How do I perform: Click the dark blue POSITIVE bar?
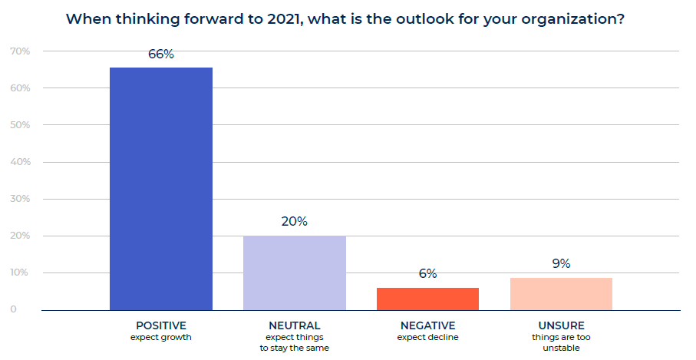coord(161,189)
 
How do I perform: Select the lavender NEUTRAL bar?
coord(295,273)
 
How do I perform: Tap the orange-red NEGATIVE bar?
coord(428,299)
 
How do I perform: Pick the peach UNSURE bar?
coord(561,294)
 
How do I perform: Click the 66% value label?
coord(161,54)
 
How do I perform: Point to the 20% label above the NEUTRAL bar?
coord(295,222)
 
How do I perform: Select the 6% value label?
coord(428,273)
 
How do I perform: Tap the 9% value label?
coord(561,264)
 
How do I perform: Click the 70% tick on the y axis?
coord(21,51)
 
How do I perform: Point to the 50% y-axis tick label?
coord(21,125)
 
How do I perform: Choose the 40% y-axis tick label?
coord(21,162)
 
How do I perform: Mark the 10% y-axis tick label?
coord(21,272)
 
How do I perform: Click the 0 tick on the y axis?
coord(13,309)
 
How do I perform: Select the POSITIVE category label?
coord(161,325)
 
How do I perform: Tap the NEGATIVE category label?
coord(428,325)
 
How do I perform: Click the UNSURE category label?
coord(562,325)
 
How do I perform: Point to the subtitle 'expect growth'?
coord(161,338)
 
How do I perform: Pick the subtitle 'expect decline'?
coord(428,338)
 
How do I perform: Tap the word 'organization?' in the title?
coord(572,20)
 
